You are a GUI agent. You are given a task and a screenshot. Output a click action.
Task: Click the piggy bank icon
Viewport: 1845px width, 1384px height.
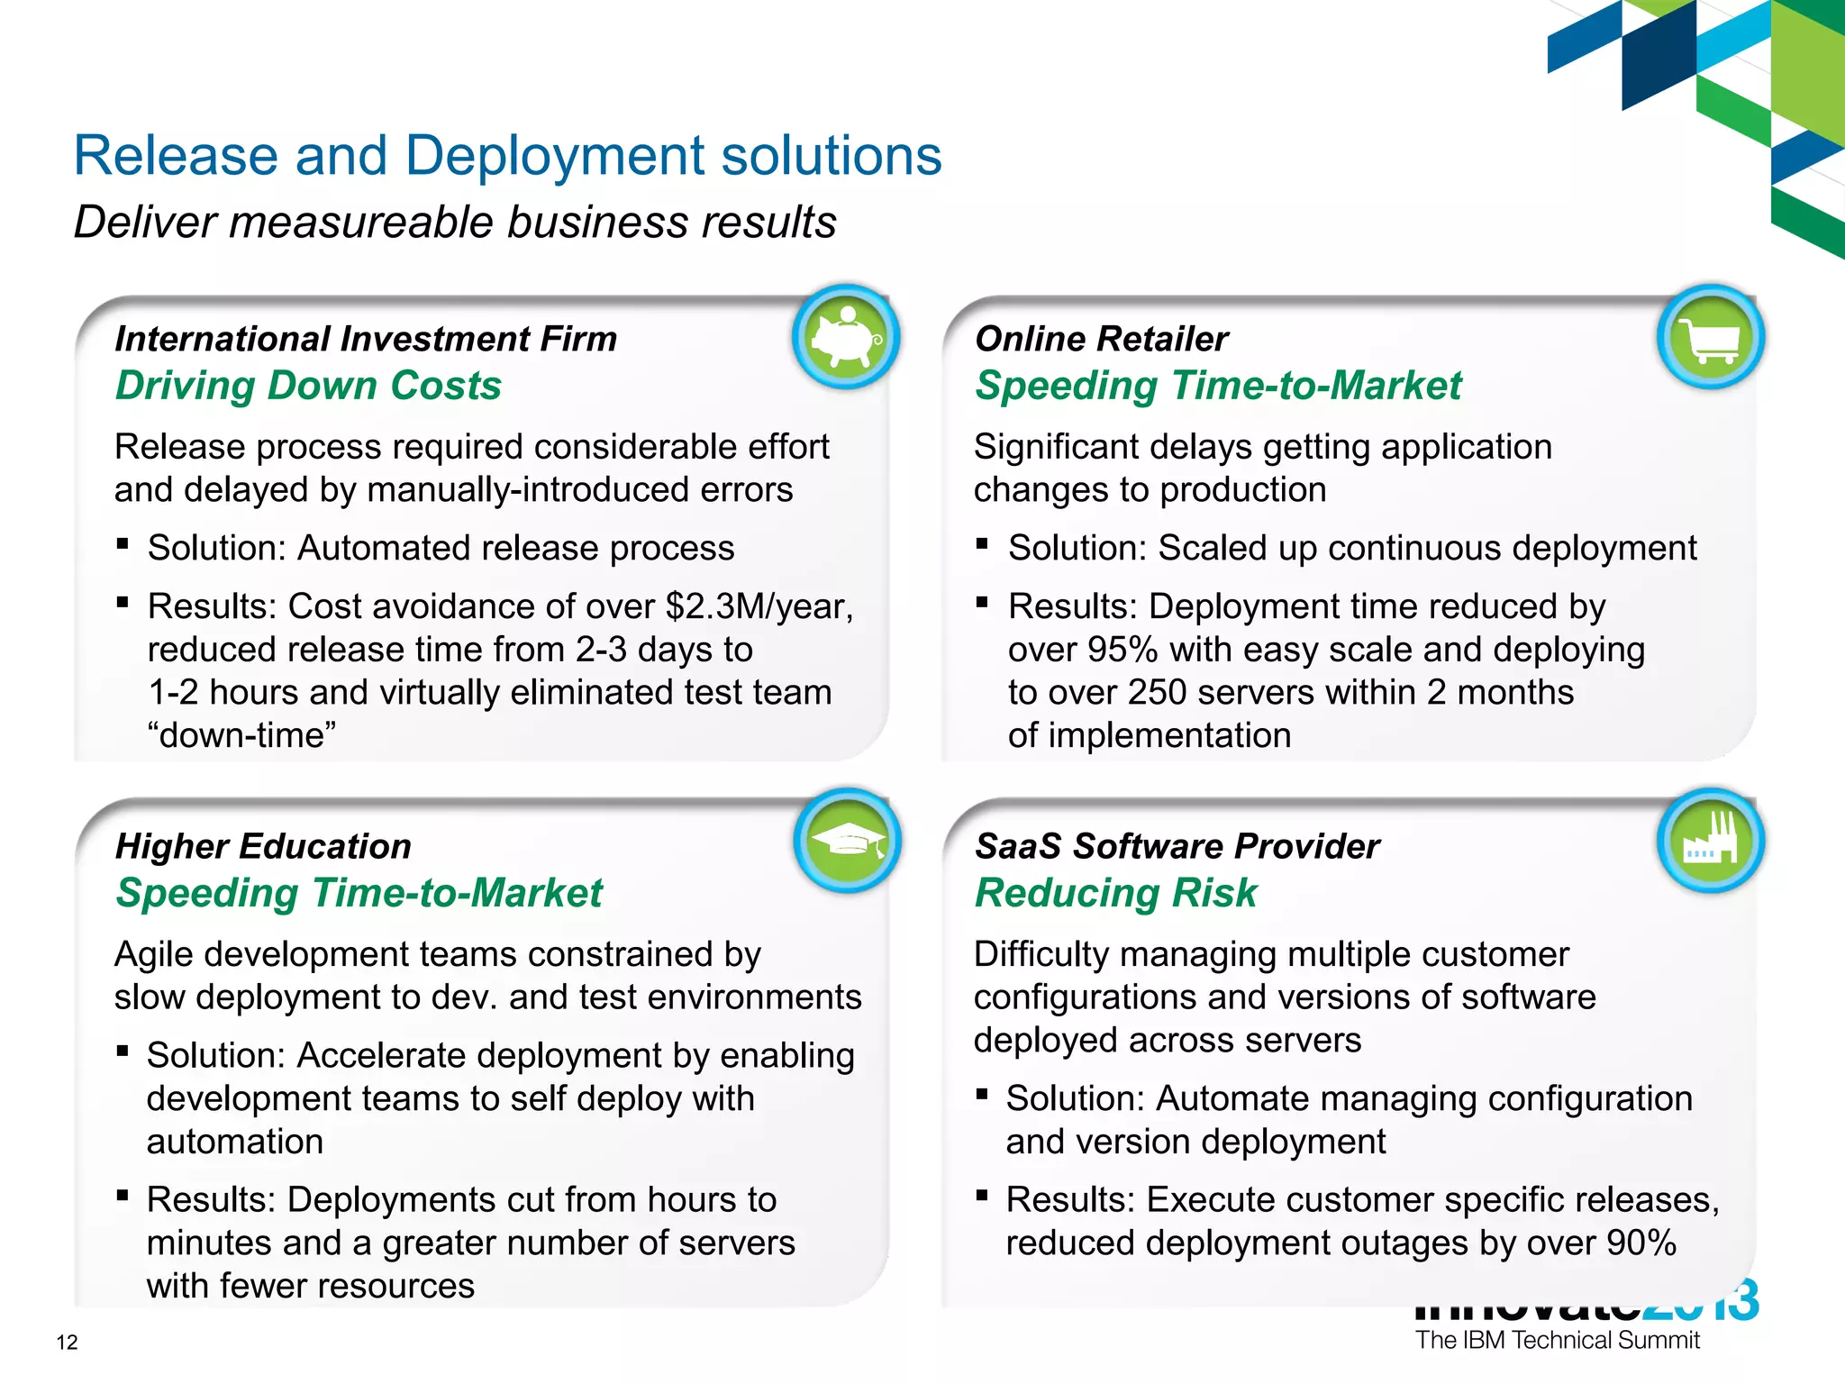846,338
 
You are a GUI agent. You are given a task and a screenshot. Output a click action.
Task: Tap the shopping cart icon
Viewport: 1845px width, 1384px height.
1709,338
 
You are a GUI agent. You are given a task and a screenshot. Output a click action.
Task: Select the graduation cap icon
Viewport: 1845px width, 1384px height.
847,842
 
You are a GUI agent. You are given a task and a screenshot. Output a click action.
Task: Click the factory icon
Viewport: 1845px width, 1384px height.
1709,842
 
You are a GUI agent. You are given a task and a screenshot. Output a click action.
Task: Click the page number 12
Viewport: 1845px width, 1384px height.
67,1343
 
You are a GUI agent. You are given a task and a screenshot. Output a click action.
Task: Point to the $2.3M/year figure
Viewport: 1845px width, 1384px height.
759,606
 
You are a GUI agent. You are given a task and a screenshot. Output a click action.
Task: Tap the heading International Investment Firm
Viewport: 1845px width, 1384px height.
366,339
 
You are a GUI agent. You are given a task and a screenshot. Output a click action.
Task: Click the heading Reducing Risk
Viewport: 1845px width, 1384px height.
1115,893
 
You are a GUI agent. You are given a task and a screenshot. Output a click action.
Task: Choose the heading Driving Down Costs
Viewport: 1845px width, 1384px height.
308,386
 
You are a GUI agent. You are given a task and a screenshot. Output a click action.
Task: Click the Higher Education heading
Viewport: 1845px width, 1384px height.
263,846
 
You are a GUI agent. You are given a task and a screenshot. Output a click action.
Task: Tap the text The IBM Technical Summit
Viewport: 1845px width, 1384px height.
1557,1340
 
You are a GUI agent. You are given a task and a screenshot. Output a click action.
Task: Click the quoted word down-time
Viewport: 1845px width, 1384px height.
241,735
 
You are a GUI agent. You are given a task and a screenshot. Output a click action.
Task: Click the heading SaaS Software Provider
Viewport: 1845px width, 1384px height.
1177,846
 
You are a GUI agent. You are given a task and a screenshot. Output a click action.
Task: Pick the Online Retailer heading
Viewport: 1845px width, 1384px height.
1101,339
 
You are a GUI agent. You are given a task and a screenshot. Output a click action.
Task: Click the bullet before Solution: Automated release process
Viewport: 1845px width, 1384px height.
123,544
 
